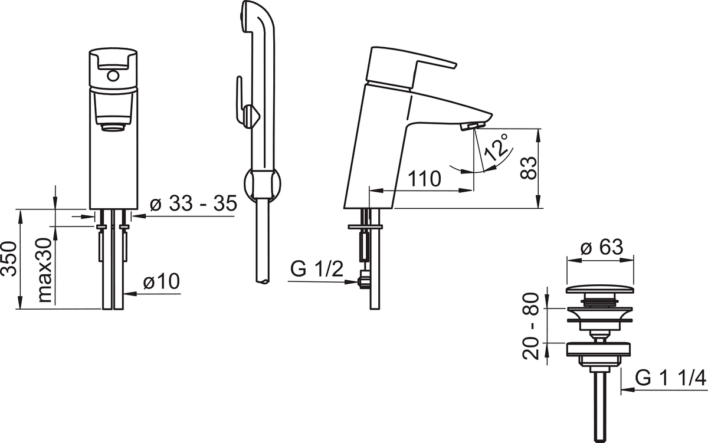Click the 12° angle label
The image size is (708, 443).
click(497, 147)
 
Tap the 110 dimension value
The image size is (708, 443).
click(424, 179)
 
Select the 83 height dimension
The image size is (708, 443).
click(529, 169)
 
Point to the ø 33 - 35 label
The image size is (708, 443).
click(194, 203)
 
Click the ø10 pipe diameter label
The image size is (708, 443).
click(162, 281)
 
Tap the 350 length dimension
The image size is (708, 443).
click(9, 259)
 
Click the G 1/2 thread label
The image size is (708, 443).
click(317, 269)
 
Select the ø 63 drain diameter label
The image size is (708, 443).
click(602, 247)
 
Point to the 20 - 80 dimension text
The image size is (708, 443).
click(530, 327)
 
